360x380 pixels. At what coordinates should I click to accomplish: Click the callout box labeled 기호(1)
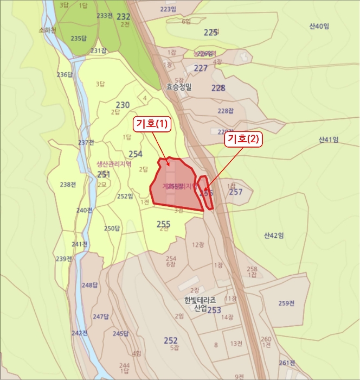click(152, 124)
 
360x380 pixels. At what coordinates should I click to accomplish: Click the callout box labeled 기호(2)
click(244, 139)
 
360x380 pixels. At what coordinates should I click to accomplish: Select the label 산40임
click(319, 26)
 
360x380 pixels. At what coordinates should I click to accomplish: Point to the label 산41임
click(328, 140)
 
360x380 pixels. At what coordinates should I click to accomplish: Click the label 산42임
click(274, 235)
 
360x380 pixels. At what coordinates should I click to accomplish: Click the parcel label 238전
click(68, 185)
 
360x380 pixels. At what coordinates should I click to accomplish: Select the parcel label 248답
click(89, 285)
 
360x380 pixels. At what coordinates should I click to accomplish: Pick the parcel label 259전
click(286, 303)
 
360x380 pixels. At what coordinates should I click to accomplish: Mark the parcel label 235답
click(79, 38)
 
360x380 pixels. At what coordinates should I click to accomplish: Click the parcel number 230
click(123, 105)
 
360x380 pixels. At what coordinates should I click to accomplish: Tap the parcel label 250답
click(112, 229)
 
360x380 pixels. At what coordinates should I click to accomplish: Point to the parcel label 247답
click(101, 316)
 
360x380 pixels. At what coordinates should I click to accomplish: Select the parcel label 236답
click(65, 74)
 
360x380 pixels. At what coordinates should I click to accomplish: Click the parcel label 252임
click(125, 197)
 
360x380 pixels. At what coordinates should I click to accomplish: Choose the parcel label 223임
click(169, 9)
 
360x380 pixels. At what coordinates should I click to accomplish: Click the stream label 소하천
click(48, 31)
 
